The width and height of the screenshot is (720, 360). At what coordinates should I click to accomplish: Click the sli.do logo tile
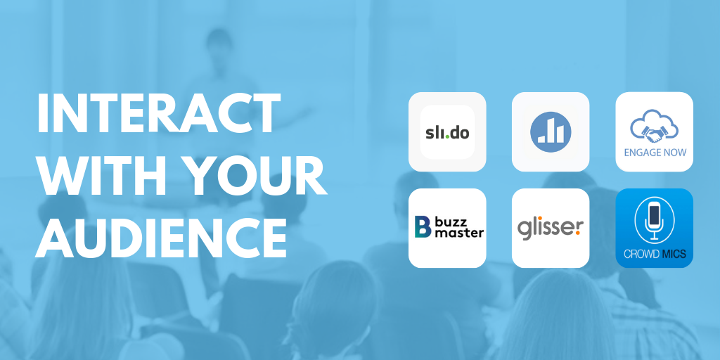(447, 131)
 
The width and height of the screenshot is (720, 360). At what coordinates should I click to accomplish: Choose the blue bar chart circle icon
(551, 131)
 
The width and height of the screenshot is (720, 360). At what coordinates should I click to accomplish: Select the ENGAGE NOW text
(655, 152)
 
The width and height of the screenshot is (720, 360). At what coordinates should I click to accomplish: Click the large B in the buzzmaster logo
(422, 227)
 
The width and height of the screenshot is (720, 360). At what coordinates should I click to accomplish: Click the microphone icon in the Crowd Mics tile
(654, 219)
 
